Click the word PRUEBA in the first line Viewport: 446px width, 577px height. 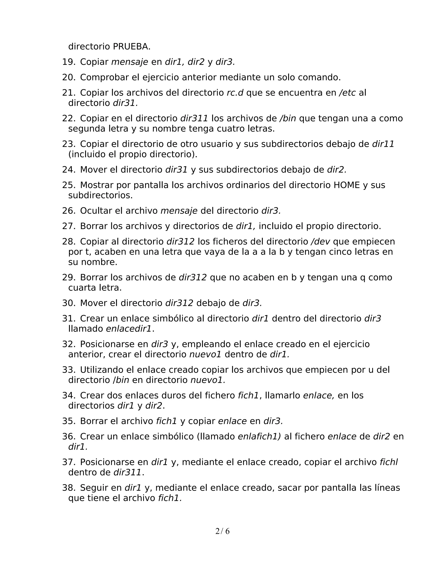[x=131, y=47]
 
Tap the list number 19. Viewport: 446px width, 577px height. [x=68, y=62]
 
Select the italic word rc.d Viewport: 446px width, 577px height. [x=235, y=93]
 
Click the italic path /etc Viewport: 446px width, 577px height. [x=347, y=93]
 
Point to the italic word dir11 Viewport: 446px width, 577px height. [x=383, y=144]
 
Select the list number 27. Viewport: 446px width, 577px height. [x=68, y=226]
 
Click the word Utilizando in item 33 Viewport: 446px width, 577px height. [x=105, y=370]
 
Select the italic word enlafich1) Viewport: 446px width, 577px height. [x=259, y=436]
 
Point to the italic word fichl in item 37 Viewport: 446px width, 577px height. [x=389, y=462]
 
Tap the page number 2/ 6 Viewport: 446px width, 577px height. [x=223, y=531]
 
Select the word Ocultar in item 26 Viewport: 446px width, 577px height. [x=96, y=211]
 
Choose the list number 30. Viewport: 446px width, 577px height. [x=68, y=303]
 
